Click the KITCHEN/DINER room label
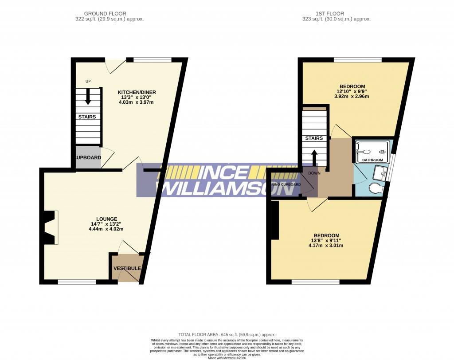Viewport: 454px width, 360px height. click(x=137, y=92)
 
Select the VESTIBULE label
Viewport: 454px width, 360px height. click(x=127, y=269)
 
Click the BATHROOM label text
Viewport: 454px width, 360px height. click(x=372, y=160)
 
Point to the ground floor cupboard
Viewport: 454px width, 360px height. click(x=88, y=158)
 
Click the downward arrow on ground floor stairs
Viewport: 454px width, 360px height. click(x=88, y=97)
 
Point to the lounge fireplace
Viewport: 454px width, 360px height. click(x=50, y=227)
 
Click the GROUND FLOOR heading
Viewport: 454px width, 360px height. click(x=110, y=14)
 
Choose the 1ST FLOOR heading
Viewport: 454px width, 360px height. click(x=336, y=14)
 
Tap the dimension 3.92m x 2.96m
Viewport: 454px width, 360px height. click(x=352, y=96)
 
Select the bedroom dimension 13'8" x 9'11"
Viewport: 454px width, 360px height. click(x=326, y=241)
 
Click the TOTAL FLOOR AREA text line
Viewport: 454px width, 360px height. click(x=227, y=335)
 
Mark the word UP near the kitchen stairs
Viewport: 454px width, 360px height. click(x=88, y=82)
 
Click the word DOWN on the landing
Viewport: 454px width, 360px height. click(x=314, y=173)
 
